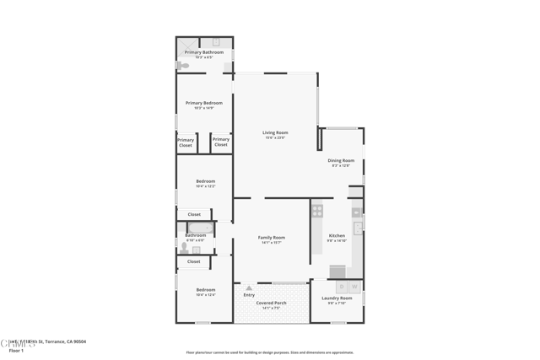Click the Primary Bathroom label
[x=204, y=52]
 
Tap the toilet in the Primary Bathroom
[x=182, y=65]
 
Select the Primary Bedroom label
[x=204, y=103]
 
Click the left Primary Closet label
[x=186, y=142]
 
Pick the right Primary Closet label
[x=221, y=142]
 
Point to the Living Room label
[x=275, y=132]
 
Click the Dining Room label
[x=341, y=160]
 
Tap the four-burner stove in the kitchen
[x=317, y=211]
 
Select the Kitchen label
[x=337, y=235]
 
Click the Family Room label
[x=272, y=238]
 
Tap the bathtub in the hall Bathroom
[x=201, y=228]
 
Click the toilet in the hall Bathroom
[x=184, y=248]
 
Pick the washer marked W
[x=355, y=287]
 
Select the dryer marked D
[x=342, y=287]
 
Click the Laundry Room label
[x=337, y=298]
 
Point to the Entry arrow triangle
[x=249, y=287]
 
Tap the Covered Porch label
[x=272, y=303]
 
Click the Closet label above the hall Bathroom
[x=194, y=214]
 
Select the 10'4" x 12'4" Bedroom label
[x=206, y=290]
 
